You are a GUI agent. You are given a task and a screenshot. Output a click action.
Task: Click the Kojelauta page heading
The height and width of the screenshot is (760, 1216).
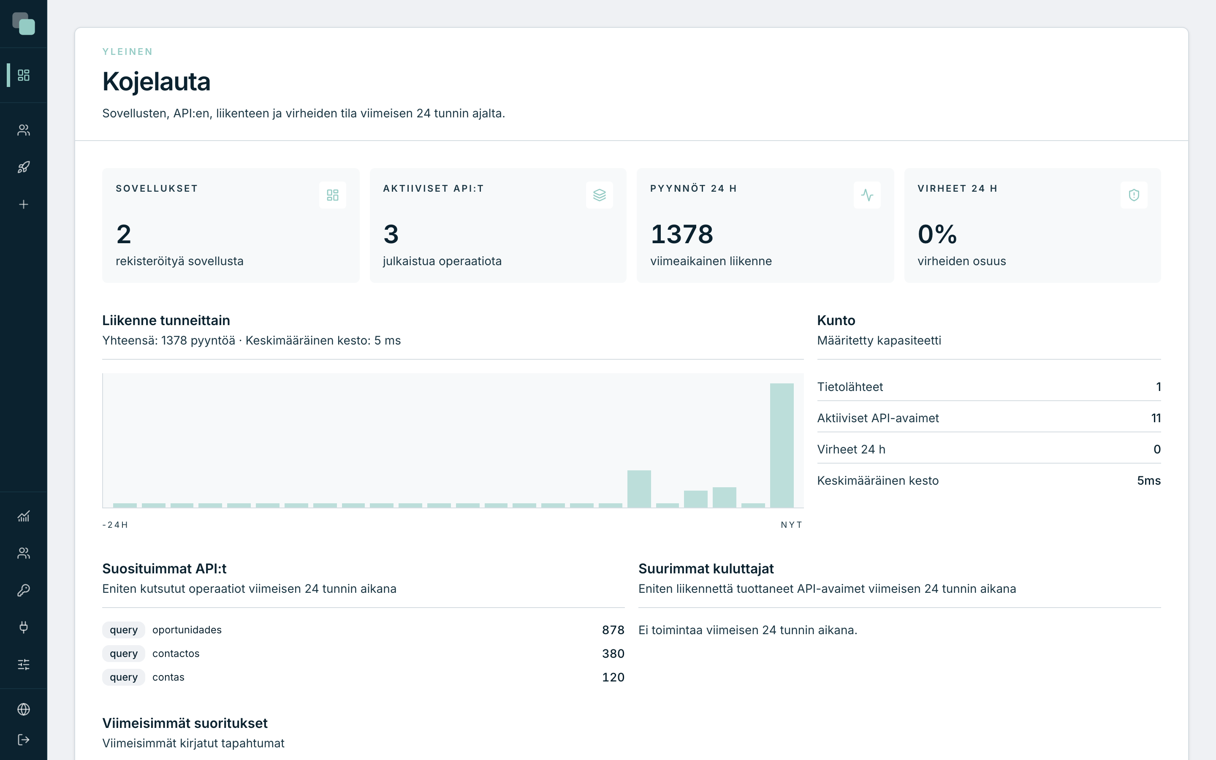(156, 81)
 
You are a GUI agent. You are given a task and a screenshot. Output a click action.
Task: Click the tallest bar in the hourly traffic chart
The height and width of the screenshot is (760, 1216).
(782, 445)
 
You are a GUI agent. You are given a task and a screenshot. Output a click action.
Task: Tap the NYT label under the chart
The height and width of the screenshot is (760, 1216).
(791, 525)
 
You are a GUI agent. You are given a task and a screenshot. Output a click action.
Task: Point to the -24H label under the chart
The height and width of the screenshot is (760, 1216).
(115, 525)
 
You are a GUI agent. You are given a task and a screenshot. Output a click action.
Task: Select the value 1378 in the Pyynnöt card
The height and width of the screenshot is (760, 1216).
(681, 234)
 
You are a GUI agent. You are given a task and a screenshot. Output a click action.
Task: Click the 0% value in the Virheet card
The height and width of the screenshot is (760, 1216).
(937, 234)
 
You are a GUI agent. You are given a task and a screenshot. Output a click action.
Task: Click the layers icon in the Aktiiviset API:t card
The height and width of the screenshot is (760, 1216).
(600, 195)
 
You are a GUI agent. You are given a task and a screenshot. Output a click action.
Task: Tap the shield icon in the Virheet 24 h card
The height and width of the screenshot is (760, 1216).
(1134, 195)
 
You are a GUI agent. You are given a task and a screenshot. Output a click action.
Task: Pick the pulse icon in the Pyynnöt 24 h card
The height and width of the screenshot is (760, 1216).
(867, 195)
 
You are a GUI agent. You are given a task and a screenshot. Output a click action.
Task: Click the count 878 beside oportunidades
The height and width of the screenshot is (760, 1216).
(613, 630)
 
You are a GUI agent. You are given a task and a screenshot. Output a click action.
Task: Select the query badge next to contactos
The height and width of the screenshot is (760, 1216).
(124, 654)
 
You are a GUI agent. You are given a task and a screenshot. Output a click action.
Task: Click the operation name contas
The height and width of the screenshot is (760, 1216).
(168, 677)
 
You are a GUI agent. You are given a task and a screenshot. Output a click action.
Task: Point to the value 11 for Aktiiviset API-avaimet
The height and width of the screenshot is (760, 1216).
(1156, 418)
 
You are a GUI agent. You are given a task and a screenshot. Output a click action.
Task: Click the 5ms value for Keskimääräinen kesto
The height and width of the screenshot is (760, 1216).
(1149, 480)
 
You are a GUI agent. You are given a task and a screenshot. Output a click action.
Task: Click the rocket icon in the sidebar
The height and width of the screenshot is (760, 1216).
(24, 167)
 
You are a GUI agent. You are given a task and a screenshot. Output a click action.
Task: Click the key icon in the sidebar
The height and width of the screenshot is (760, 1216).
(24, 590)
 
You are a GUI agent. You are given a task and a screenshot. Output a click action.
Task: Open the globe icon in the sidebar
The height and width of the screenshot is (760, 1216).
(24, 709)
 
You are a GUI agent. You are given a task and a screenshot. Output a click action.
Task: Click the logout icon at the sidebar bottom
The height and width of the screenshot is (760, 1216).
(24, 740)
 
